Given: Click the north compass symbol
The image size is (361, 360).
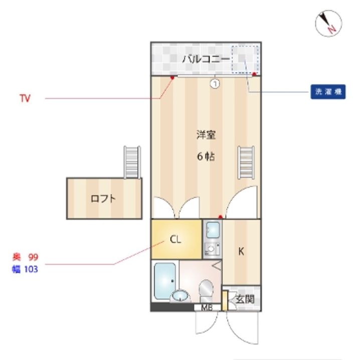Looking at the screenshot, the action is [328, 23].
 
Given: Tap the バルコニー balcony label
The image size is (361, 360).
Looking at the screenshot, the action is [206, 59].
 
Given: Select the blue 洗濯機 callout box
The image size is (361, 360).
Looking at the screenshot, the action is [328, 92].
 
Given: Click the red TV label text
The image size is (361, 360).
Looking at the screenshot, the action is [25, 98].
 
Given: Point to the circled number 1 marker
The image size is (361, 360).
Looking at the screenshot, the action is [215, 84].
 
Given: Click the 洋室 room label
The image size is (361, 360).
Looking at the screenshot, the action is [206, 135].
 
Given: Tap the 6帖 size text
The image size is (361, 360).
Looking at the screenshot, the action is [206, 156].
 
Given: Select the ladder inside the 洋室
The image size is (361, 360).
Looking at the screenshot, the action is [246, 162].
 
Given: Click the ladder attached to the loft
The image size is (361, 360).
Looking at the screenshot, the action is [132, 162].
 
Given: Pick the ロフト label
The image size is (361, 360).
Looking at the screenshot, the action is [103, 199].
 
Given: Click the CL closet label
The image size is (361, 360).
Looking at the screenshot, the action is [175, 240].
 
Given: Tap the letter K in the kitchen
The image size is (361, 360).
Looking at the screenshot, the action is [241, 251].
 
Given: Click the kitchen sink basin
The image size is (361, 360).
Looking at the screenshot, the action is [213, 230].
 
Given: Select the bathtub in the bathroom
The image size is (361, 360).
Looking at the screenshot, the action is [165, 281].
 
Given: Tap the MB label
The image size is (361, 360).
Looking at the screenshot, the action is [207, 307].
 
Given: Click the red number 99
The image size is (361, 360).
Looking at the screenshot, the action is [33, 257].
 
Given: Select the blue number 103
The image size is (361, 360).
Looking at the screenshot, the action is [31, 269].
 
